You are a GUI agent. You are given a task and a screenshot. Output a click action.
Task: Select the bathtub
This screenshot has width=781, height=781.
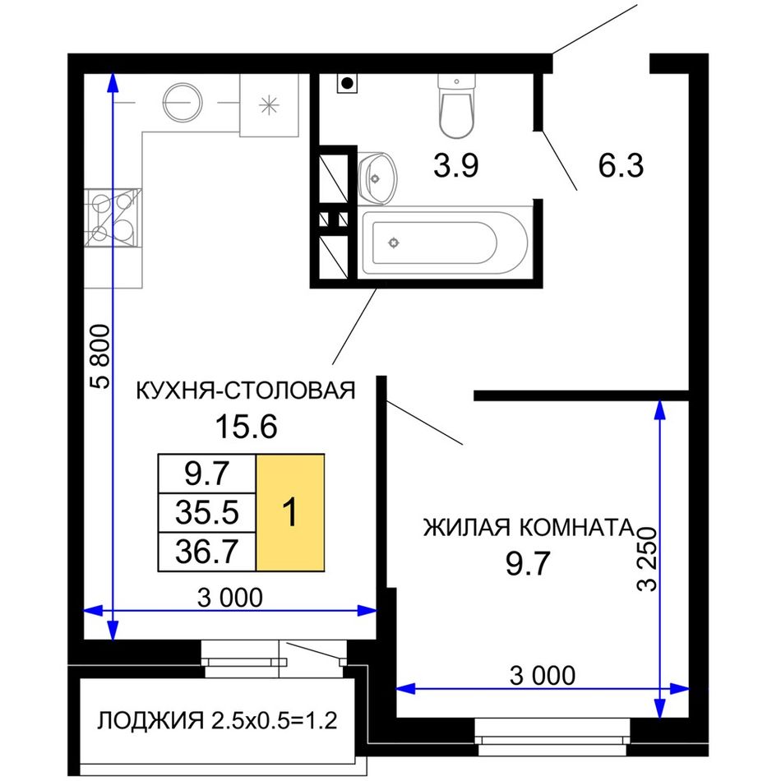(x=445, y=243)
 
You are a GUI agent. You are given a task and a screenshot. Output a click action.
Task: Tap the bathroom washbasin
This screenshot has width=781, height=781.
(x=377, y=178)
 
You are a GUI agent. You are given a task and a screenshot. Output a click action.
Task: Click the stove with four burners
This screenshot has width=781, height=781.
(x=113, y=218)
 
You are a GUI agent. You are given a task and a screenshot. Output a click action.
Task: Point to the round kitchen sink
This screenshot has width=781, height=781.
(x=183, y=103)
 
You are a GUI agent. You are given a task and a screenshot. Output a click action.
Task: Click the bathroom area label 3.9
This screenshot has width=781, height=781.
(x=455, y=165)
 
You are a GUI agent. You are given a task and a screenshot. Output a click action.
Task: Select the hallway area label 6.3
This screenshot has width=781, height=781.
(x=621, y=165)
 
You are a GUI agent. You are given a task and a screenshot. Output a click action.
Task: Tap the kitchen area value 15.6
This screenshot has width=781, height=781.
(x=246, y=427)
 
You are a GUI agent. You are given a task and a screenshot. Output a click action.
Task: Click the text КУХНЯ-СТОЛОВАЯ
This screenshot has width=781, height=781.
(x=246, y=390)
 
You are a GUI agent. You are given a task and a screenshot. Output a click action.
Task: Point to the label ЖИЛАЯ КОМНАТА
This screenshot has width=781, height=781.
(x=528, y=528)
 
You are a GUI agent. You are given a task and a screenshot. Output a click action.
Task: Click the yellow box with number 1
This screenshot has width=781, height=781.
(x=290, y=512)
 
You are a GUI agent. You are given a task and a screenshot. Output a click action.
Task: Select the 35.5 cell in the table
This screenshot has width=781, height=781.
(x=206, y=512)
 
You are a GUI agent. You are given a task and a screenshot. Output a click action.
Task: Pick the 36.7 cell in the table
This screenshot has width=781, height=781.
(x=206, y=552)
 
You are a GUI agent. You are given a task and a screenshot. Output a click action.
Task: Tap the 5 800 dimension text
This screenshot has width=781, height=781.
(x=99, y=356)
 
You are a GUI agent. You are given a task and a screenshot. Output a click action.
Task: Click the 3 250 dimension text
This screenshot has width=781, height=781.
(x=648, y=558)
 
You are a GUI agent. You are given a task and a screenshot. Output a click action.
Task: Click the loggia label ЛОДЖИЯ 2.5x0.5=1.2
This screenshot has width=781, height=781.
(x=217, y=720)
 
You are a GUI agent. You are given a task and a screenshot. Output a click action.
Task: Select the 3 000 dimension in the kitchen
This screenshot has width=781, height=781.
(x=229, y=597)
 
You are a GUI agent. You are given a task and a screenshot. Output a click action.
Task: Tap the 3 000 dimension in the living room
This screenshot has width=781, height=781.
(x=543, y=676)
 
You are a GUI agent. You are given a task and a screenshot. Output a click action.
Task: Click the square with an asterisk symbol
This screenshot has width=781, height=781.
(x=269, y=105)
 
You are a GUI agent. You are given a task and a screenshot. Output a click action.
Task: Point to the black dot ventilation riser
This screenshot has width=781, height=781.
(x=348, y=83)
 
